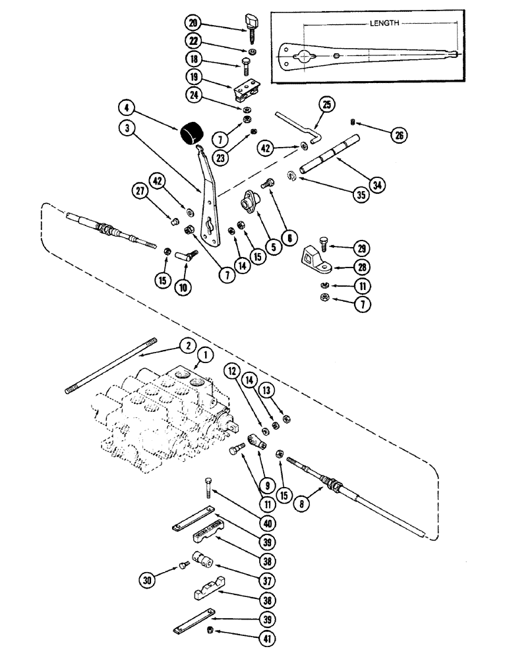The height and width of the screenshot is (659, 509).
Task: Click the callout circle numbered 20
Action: [193, 22]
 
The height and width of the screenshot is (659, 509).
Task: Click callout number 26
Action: [398, 136]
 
